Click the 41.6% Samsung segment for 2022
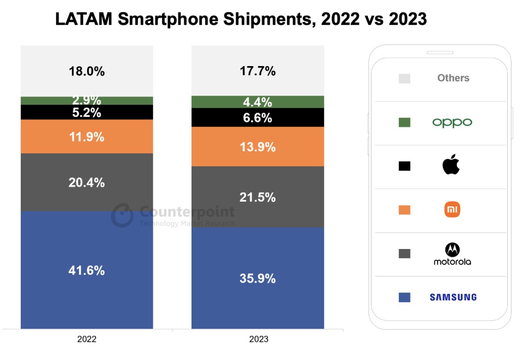pos(87,270)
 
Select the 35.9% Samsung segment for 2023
pos(258,278)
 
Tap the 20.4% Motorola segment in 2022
pos(87,182)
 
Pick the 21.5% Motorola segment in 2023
pos(258,197)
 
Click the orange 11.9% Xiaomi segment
pos(87,137)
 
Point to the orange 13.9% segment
pos(258,147)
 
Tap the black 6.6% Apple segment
pos(258,118)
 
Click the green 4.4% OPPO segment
pos(258,102)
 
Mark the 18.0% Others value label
pos(87,71)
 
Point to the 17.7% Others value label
pos(258,71)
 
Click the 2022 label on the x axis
pos(87,339)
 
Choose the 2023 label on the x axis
pos(259,339)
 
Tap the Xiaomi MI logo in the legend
pos(452,209)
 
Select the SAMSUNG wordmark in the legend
pos(453,297)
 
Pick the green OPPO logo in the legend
pos(452,123)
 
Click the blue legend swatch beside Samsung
pos(404,297)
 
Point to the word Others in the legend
pos(453,78)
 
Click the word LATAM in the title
pos(83,19)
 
